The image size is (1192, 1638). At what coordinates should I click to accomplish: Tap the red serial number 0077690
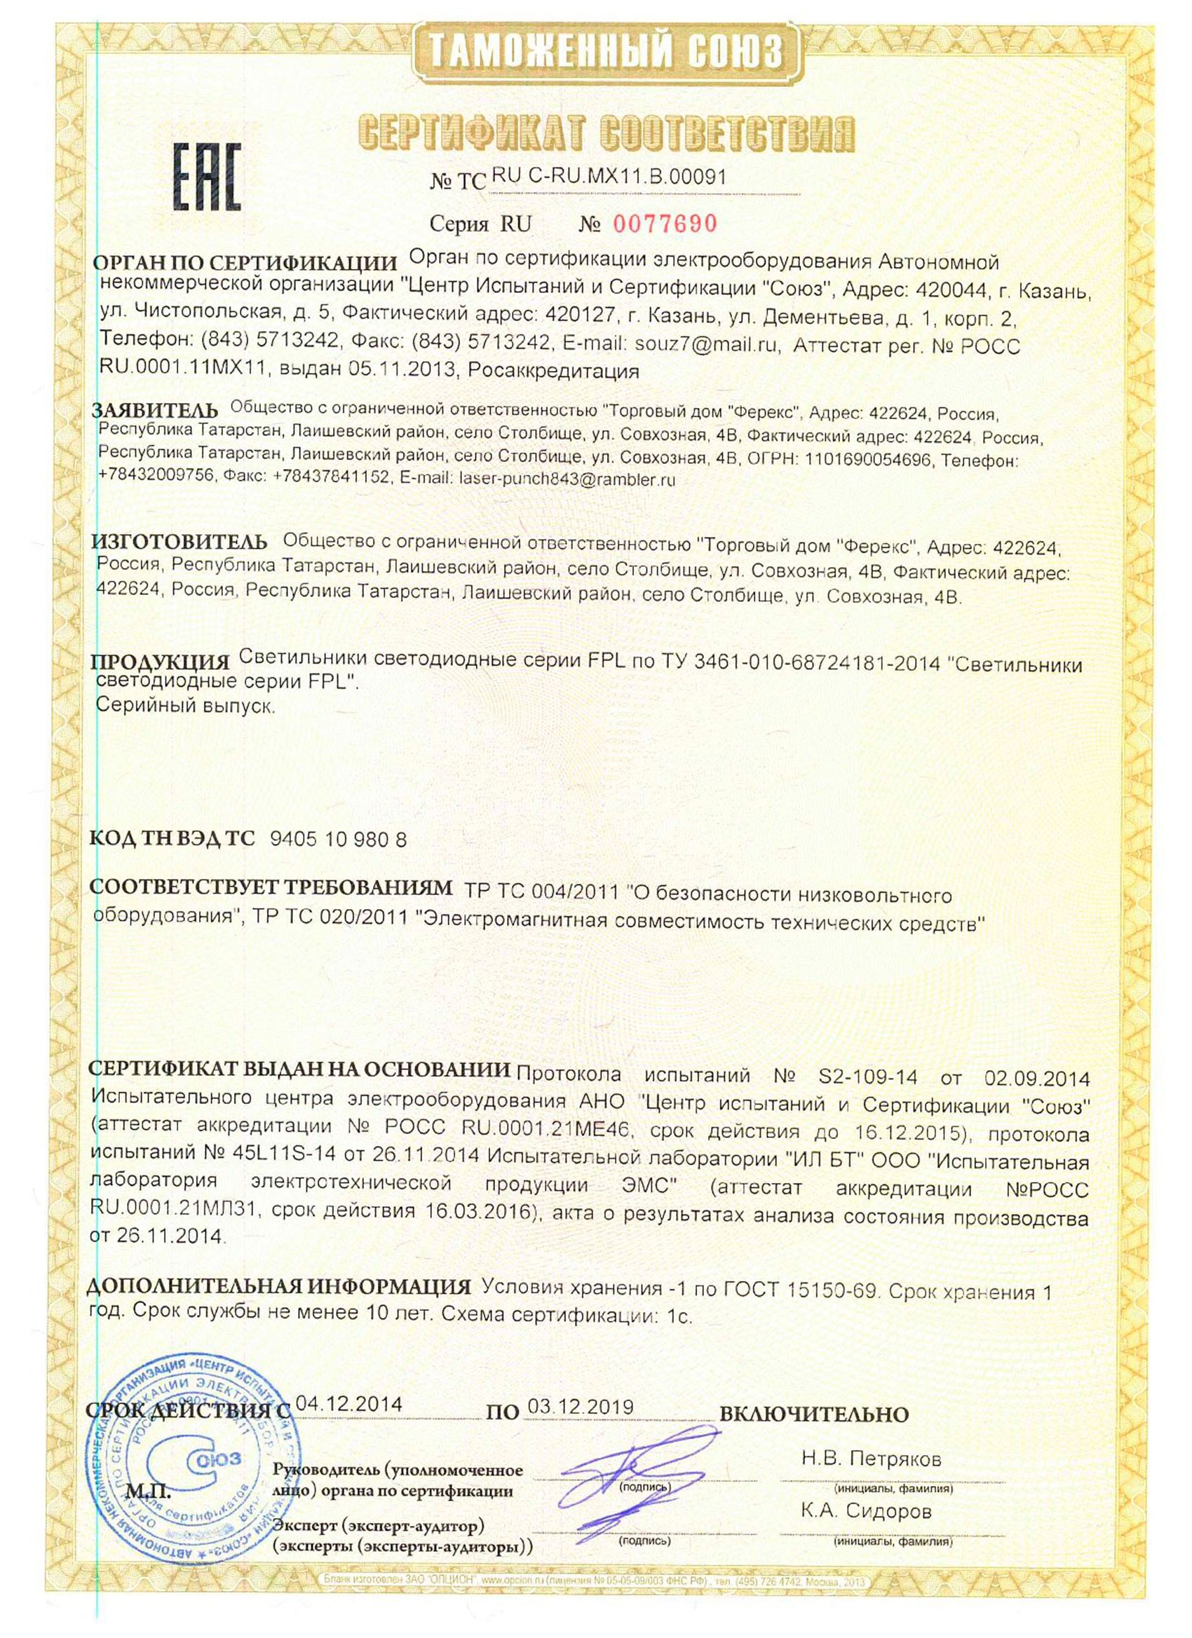665,224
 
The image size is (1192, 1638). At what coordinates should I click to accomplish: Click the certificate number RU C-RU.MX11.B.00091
609,176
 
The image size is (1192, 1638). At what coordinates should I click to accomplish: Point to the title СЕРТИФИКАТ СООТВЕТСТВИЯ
607,132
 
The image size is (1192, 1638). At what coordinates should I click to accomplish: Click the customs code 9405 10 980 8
338,839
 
